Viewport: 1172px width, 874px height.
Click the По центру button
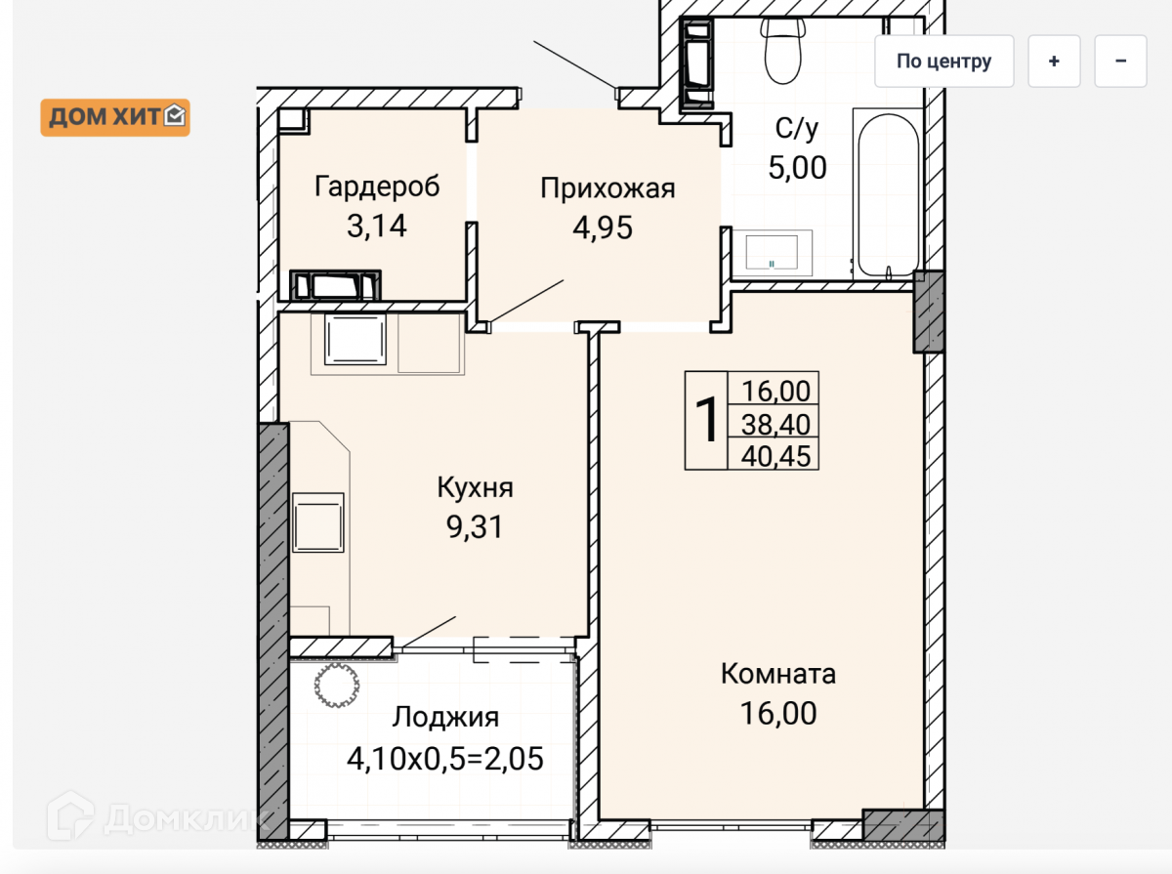click(x=944, y=62)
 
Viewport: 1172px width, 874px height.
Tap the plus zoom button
click(x=1054, y=62)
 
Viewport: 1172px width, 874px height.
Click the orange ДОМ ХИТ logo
click(x=115, y=117)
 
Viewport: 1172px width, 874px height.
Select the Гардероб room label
click(x=377, y=187)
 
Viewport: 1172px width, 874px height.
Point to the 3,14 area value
click(x=377, y=226)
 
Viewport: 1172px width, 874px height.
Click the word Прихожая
click(x=607, y=188)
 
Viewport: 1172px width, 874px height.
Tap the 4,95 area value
click(x=603, y=228)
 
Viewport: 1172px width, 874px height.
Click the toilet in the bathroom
click(x=783, y=50)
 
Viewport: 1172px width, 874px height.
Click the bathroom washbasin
click(x=772, y=253)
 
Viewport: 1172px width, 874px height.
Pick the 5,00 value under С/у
click(x=797, y=168)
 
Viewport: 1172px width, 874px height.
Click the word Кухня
click(x=476, y=487)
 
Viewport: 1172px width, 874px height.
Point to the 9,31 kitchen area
click(x=475, y=527)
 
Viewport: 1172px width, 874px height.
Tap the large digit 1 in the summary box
click(x=706, y=420)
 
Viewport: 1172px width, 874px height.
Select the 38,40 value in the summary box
click(x=775, y=425)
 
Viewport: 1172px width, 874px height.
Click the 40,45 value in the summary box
click(x=775, y=456)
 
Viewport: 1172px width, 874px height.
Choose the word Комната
click(x=778, y=674)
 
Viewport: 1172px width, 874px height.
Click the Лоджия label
click(x=445, y=718)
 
